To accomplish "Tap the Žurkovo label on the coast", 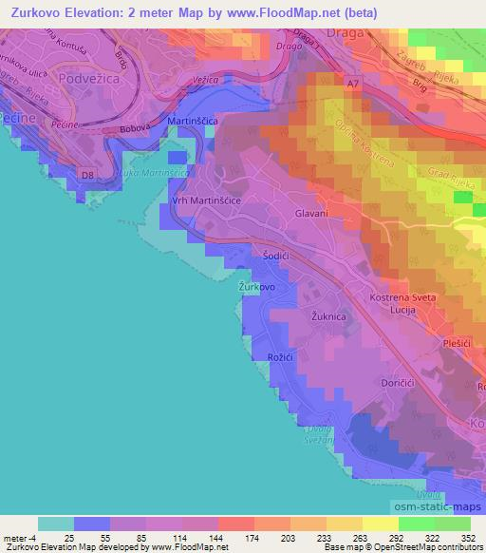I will click(x=256, y=286).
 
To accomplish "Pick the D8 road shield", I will click(x=87, y=175).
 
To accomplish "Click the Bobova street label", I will click(x=138, y=129).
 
